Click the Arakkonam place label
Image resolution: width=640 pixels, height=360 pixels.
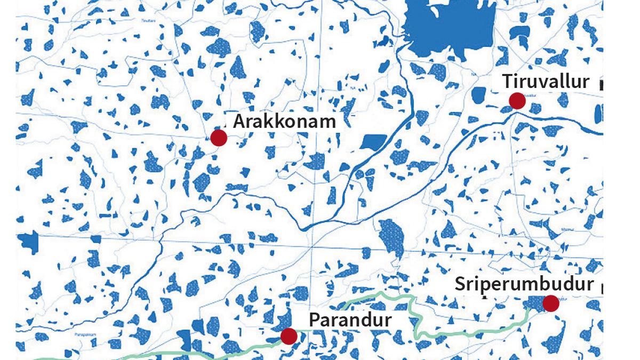point(284,122)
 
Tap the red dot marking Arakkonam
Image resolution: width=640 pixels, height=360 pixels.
point(219,138)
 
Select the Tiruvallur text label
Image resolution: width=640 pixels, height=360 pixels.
point(546,82)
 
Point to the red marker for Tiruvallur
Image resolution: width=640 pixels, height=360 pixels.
point(517,101)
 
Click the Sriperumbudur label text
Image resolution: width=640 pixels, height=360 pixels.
point(524,284)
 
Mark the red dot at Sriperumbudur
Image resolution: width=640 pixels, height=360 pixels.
point(550,303)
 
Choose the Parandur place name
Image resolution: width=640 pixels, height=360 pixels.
point(350,321)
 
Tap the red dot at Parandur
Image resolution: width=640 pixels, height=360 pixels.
point(289,336)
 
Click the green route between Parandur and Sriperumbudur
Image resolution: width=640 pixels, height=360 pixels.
point(415,320)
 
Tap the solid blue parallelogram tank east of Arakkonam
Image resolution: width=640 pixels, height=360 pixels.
point(373,142)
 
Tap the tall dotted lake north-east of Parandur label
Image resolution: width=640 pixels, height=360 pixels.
point(391,235)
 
